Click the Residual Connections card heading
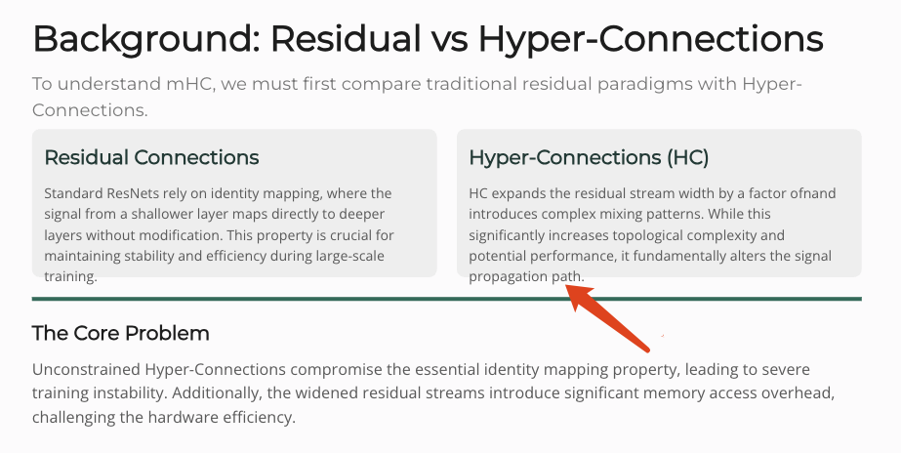pyautogui.click(x=151, y=157)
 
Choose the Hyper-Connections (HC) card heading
pyautogui.click(x=589, y=157)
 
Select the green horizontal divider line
pyautogui.click(x=446, y=299)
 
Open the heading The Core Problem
pyautogui.click(x=121, y=334)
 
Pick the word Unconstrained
pyautogui.click(x=86, y=369)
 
